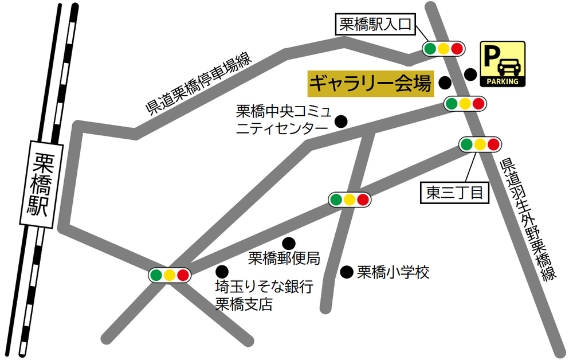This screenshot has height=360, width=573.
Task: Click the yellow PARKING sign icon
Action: tap(502, 64)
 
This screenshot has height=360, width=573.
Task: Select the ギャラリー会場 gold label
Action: tap(370, 84)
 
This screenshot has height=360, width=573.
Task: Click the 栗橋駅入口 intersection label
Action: tap(375, 25)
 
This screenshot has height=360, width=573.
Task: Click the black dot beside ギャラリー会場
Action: tap(445, 84)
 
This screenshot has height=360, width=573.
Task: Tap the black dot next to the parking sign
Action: tap(470, 74)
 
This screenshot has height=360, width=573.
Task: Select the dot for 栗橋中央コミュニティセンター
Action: tap(341, 121)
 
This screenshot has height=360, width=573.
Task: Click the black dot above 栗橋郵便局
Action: tap(289, 243)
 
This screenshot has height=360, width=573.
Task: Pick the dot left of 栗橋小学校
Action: tap(346, 272)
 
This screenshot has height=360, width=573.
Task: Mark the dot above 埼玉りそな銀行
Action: tap(221, 271)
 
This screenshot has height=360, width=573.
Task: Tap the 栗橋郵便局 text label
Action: tap(283, 259)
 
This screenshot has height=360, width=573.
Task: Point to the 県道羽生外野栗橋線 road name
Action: tap(524, 220)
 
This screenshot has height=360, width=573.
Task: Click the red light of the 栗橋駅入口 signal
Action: tap(456, 49)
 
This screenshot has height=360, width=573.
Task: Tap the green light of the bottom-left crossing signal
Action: tap(156, 275)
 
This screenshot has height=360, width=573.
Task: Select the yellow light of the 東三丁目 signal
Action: tap(480, 144)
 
